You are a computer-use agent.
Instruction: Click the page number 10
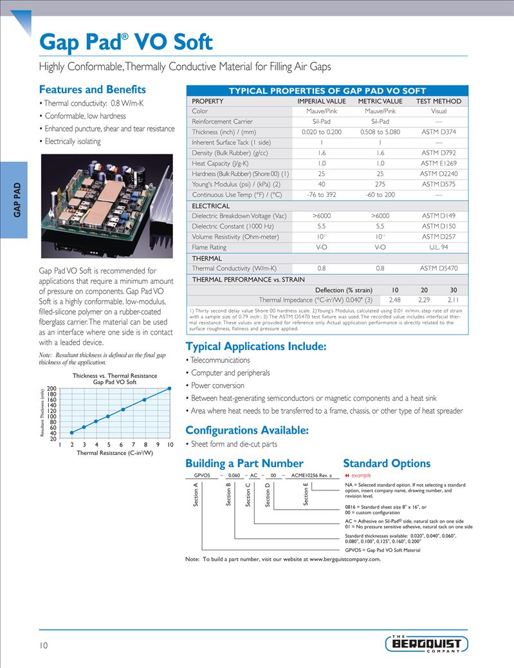tap(43, 645)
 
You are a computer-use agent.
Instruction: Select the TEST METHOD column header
tap(438, 101)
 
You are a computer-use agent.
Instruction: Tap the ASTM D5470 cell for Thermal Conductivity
tap(438, 268)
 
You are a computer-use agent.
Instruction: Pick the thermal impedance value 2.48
tap(395, 299)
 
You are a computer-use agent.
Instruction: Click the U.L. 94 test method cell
tap(438, 247)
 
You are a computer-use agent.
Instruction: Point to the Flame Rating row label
tap(209, 247)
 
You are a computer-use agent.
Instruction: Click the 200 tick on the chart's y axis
tap(51, 388)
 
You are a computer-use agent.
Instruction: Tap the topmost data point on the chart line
tap(169, 388)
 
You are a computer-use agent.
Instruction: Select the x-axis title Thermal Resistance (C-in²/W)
tap(115, 453)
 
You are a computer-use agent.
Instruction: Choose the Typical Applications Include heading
tap(255, 347)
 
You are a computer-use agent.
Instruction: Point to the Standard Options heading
tap(387, 463)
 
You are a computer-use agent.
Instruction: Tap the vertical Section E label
tap(306, 495)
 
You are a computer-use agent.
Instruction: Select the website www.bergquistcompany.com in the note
tap(345, 559)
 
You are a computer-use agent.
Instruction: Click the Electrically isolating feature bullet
tap(72, 141)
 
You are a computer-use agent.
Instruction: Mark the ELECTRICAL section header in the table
tap(211, 206)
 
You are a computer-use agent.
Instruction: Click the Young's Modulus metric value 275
tap(380, 184)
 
